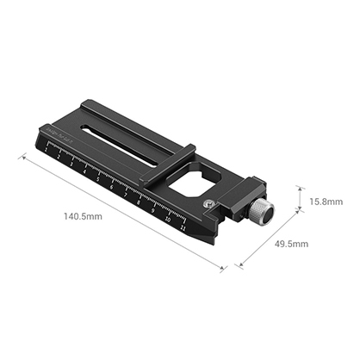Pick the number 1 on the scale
coord(45,149)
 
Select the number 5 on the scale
coord(99,182)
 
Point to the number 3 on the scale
coord(71,165)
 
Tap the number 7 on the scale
coord(126,198)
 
